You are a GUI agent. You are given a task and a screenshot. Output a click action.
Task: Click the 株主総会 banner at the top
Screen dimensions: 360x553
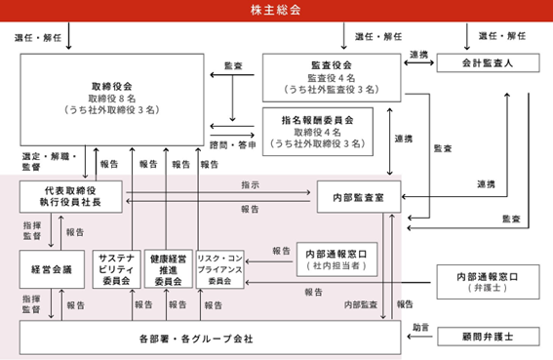276,10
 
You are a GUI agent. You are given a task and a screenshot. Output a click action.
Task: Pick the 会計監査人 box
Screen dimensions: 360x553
487,61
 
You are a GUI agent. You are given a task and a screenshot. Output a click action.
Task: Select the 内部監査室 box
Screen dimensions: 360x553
358,196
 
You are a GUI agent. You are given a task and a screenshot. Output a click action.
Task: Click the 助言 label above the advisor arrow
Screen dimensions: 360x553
420,326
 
